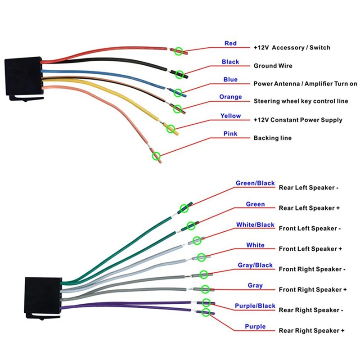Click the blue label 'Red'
coord(230,43)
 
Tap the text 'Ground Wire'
coord(273,66)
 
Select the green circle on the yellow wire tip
coord(171,129)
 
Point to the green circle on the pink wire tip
coord(156,156)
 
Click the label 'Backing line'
coord(273,138)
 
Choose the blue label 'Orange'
coord(230,97)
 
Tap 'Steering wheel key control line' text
coord(301,101)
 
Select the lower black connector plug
coord(43,298)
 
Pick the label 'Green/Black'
coord(255,183)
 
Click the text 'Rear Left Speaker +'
coord(309,208)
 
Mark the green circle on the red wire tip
coord(178,51)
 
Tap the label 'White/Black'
coord(255,225)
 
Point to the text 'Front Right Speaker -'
coord(312,269)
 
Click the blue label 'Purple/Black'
coord(255,306)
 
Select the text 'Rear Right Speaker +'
coord(311,331)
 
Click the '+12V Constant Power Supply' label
coord(298,120)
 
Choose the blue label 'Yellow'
coord(230,116)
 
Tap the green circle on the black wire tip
coord(179,74)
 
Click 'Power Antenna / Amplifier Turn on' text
coord(305,84)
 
